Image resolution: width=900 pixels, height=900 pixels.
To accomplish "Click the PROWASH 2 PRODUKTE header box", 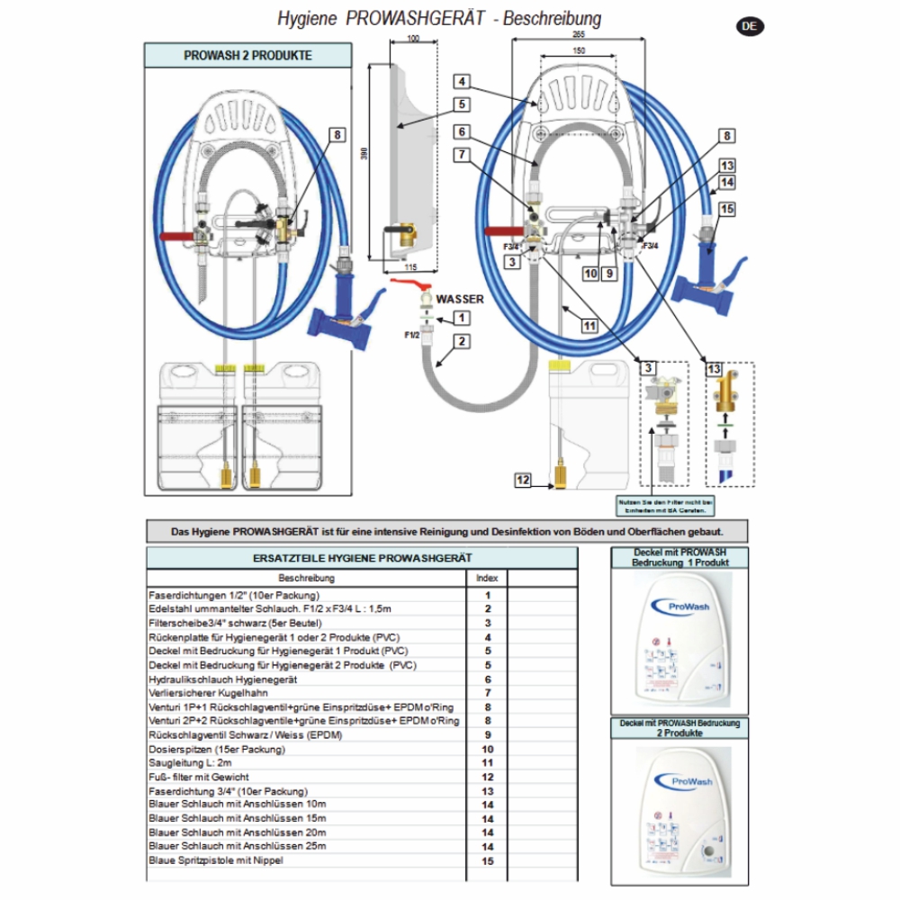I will pos(247,55).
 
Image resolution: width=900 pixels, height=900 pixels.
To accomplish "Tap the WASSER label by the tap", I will pos(460,299).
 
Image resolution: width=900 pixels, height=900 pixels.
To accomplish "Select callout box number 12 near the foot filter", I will pos(524,481).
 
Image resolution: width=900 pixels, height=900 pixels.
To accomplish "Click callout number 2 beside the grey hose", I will pos(461,341).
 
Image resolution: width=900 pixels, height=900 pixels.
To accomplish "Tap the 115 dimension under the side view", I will pos(409,267).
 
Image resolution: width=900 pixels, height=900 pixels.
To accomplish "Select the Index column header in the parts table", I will pos(486,578).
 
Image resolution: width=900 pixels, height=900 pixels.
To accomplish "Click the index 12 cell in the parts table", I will pos(487,777).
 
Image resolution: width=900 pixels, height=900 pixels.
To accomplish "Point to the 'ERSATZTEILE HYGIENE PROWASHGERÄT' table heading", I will pos(362,558).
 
